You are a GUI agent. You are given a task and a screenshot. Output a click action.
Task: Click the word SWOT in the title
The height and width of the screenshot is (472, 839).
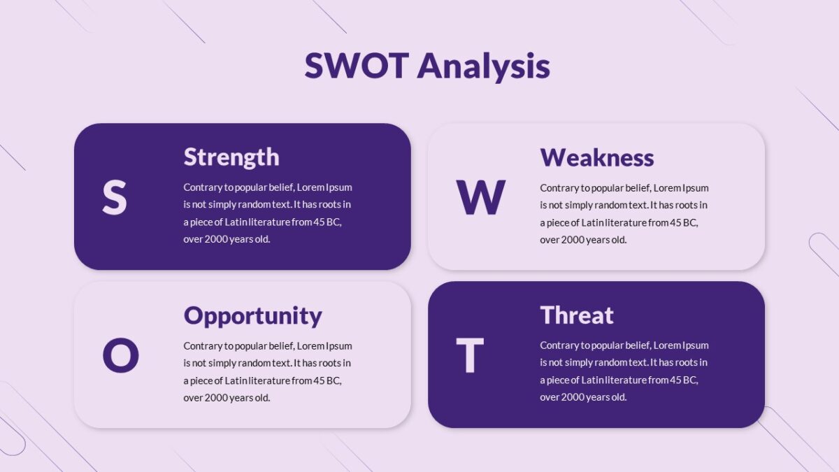(x=356, y=66)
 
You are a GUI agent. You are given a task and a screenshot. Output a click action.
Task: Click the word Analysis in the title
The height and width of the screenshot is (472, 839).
(x=483, y=67)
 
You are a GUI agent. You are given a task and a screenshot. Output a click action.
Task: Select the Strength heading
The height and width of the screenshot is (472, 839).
(x=231, y=157)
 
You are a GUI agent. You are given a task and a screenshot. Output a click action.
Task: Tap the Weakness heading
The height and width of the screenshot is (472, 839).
(x=596, y=157)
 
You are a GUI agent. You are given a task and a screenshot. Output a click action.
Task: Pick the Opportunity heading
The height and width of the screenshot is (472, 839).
(x=252, y=316)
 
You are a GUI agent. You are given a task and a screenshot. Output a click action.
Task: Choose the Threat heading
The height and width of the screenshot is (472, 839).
(x=576, y=315)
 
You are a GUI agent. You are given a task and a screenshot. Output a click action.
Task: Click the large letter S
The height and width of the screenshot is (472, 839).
(x=115, y=197)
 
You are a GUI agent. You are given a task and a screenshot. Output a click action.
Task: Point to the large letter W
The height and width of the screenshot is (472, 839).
(x=480, y=197)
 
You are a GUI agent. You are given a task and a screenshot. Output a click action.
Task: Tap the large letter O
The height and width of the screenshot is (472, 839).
(x=120, y=355)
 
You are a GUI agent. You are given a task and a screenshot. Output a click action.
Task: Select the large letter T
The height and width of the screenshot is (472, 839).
(x=469, y=355)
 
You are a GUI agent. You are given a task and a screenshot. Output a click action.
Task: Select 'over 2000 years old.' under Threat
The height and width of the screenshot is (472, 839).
(x=583, y=397)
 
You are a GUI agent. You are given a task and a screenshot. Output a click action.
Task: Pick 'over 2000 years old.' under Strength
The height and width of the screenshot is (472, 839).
(x=227, y=239)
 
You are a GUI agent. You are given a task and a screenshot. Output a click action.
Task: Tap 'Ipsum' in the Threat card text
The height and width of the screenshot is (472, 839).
(x=696, y=345)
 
